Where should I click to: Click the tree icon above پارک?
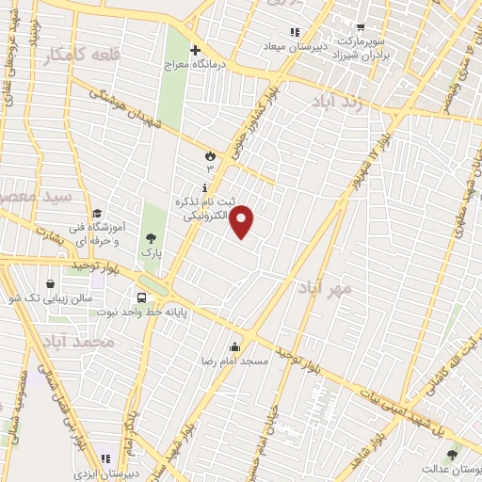click(152, 238)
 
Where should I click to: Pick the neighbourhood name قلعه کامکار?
click(81, 56)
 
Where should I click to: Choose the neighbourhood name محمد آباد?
click(80, 341)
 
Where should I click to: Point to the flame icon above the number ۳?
click(209, 154)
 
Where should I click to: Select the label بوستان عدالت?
click(449, 468)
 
